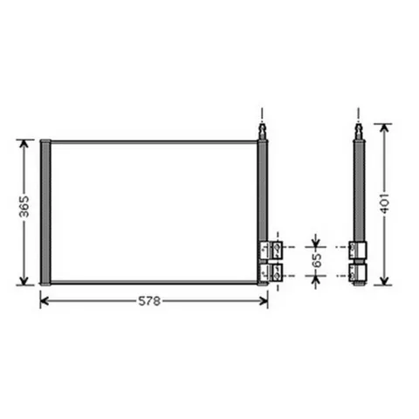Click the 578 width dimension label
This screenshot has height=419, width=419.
pos(149,301)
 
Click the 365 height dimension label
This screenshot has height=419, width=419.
pos(24,207)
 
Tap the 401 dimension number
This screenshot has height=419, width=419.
pos(385,203)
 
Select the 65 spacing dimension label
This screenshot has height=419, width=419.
pos(316,260)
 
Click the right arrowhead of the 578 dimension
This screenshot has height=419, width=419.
pos(264,301)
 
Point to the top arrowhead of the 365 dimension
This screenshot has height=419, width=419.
pos(24,144)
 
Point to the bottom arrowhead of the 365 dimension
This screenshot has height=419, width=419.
pos(24,280)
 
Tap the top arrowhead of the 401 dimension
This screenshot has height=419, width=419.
pos(385,128)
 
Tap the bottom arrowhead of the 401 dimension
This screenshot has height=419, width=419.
pos(385,280)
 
